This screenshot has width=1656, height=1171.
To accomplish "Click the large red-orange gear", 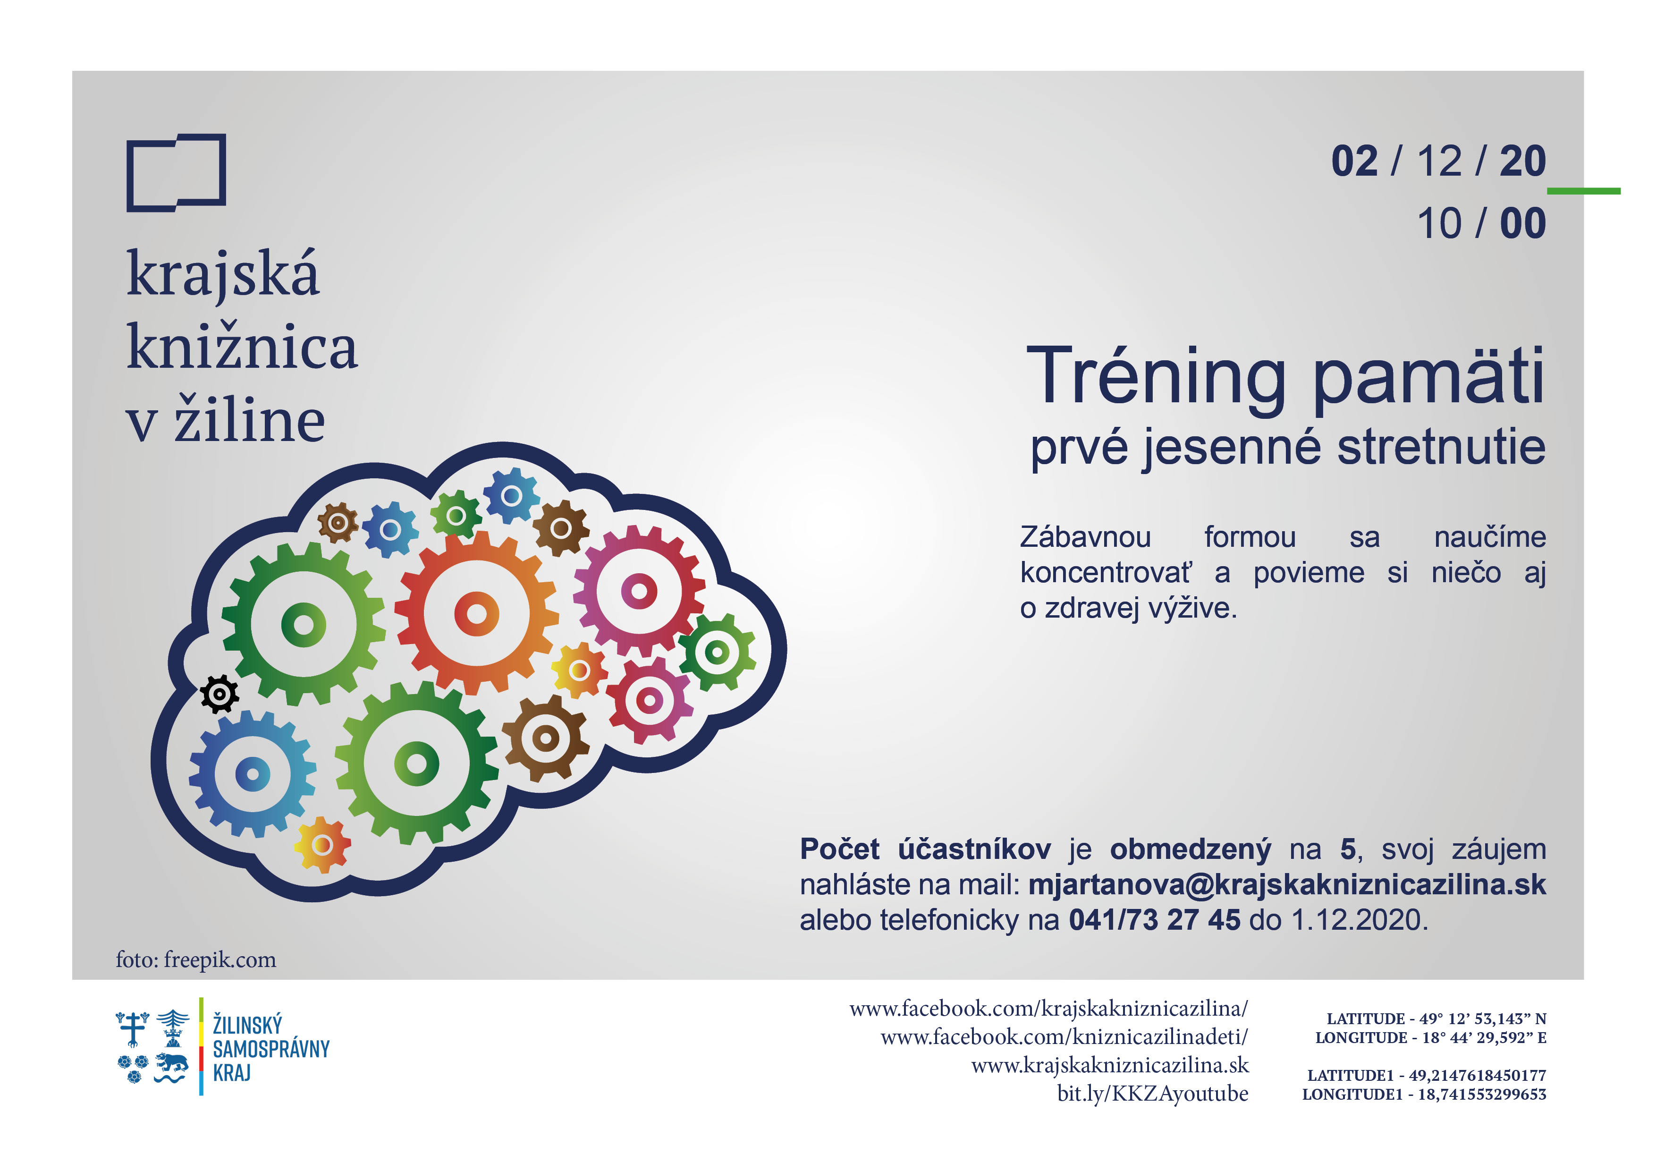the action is (x=477, y=614).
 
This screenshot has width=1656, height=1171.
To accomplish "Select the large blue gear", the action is (x=253, y=774).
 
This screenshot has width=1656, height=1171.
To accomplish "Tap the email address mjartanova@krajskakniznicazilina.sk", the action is (x=1287, y=884).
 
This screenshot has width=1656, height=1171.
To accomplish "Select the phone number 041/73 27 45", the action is (x=1154, y=920).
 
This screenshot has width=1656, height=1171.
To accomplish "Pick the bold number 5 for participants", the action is (x=1348, y=849).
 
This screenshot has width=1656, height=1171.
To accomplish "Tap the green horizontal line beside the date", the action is (x=1584, y=191).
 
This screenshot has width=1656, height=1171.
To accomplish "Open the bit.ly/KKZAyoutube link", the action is (x=1153, y=1094).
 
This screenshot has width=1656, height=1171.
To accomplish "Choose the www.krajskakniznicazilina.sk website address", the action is (x=1110, y=1065).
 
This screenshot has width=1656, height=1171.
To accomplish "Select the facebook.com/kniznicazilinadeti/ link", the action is (x=1064, y=1037).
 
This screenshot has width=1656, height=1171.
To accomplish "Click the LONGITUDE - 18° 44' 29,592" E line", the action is (x=1431, y=1037).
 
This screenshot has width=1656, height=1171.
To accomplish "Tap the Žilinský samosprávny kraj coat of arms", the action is (x=152, y=1047).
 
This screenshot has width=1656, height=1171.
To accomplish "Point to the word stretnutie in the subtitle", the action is (x=1441, y=447).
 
